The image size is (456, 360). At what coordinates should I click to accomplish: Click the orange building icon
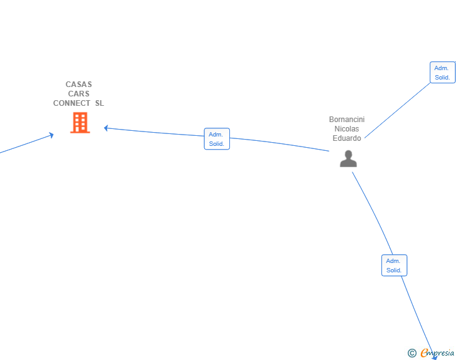[x=80, y=123]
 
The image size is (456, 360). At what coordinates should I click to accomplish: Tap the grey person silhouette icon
[x=348, y=158]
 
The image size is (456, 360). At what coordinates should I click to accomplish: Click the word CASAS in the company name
[x=78, y=85]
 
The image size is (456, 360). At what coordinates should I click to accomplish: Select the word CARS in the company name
[x=78, y=94]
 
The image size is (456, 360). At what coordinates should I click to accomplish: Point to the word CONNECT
[x=71, y=103]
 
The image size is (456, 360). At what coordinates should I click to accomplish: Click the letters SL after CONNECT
[x=100, y=103]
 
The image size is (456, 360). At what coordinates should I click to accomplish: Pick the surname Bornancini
[x=346, y=120]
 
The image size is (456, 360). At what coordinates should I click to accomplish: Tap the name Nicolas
[x=346, y=129]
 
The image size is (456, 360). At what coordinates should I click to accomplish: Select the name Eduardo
[x=346, y=138]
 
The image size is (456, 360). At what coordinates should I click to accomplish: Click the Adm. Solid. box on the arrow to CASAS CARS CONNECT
[x=217, y=139]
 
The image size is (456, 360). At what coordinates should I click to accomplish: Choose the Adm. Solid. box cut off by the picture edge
[x=443, y=73]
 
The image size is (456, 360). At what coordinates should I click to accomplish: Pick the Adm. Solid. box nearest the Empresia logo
[x=395, y=265]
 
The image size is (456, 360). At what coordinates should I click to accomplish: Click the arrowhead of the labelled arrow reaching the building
[x=106, y=128]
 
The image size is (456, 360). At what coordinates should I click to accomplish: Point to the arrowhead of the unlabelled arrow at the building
[x=51, y=135]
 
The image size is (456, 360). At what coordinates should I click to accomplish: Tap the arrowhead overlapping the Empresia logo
[x=435, y=357]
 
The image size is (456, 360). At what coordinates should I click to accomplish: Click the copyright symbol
[x=412, y=353]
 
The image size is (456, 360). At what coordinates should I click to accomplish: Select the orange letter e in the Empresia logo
[x=424, y=352]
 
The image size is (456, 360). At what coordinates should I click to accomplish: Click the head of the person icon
[x=348, y=154]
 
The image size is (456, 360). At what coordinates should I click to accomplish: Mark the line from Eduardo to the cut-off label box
[x=398, y=110]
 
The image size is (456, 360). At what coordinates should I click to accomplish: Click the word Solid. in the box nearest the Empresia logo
[x=394, y=270]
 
